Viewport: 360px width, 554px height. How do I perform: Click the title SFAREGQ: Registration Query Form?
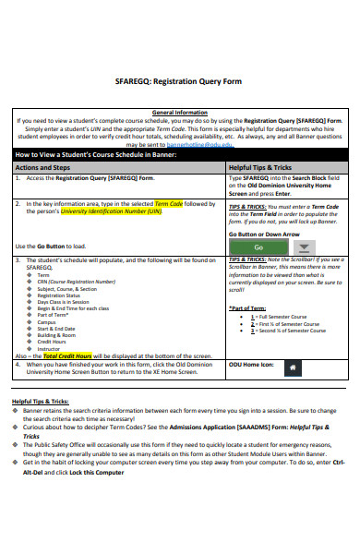coord(180,80)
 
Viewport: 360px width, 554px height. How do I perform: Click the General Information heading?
coord(179,111)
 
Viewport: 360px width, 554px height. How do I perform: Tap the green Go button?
coord(258,247)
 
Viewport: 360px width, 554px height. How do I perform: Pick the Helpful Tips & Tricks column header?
coord(259,167)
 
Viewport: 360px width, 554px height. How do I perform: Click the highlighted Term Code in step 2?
coord(168,202)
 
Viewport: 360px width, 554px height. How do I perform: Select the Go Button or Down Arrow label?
coord(263,235)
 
